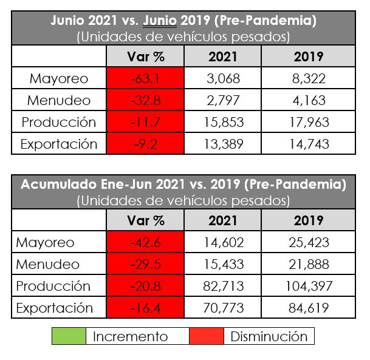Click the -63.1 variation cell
point(145,78)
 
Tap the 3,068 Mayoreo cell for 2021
point(224,78)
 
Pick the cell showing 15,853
point(224,122)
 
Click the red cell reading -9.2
point(145,144)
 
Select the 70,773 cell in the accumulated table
point(224,308)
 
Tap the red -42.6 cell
point(145,242)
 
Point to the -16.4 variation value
point(145,308)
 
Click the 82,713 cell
point(224,286)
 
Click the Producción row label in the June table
point(59,122)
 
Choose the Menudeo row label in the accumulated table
point(48,264)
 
